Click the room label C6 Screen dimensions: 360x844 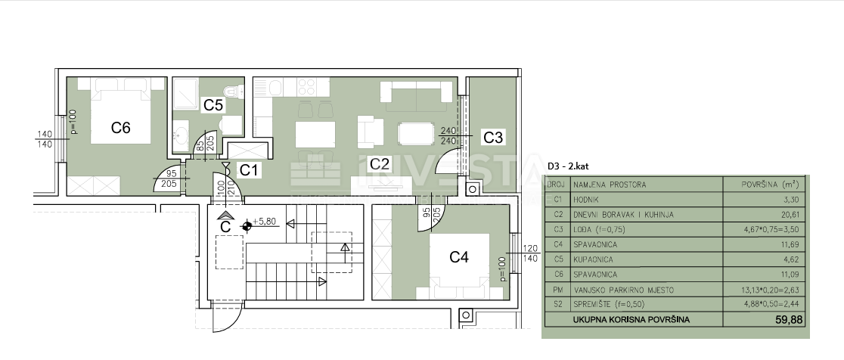point(121,128)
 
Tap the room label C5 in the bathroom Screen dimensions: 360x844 point(213,105)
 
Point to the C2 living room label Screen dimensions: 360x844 point(379,163)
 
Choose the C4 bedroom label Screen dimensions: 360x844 point(459,257)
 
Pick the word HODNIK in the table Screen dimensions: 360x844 point(587,200)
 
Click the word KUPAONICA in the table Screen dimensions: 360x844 point(594,259)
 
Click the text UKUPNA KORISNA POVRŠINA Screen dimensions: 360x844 point(631,320)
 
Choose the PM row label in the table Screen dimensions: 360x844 point(557,290)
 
